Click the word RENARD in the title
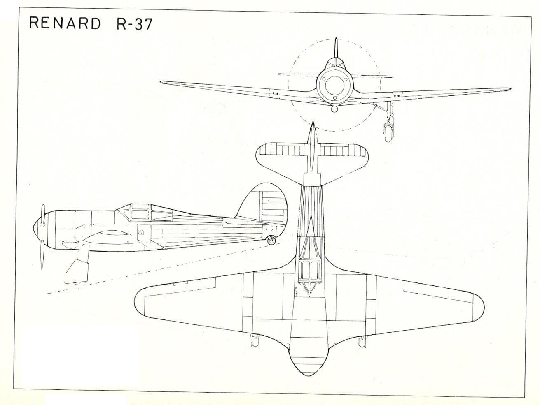click(x=65, y=23)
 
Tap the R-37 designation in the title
click(x=135, y=24)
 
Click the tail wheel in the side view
click(x=271, y=240)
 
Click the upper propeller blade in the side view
click(x=43, y=214)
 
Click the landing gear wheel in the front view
click(x=388, y=133)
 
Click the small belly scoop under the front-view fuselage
click(x=334, y=109)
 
